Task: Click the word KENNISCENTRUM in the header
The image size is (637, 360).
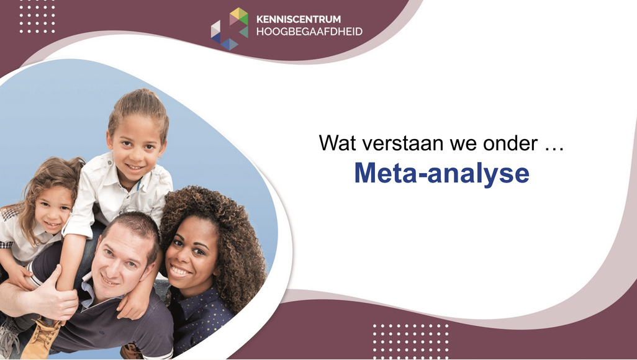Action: pos(299,19)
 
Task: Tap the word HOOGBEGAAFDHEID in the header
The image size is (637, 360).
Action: pos(309,32)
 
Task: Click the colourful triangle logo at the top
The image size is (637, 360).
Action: pos(230,29)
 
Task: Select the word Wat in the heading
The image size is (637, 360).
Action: pos(338,143)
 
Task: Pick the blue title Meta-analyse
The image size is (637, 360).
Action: pos(442,173)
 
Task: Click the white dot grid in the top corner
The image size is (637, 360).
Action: pos(37,17)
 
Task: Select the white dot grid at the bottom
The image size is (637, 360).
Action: pos(411,341)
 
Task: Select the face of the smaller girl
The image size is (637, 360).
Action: pos(53,209)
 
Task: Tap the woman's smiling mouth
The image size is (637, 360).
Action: pos(180,271)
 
